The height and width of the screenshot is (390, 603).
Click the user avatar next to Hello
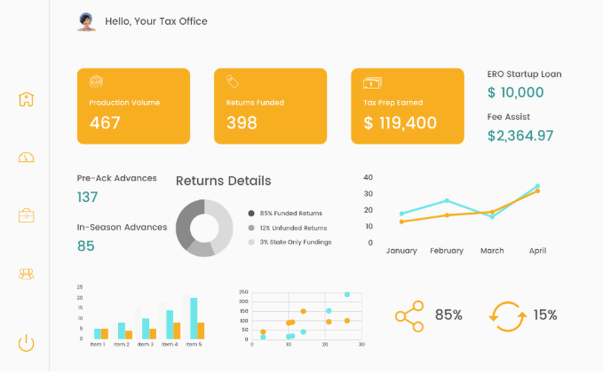pos(87,22)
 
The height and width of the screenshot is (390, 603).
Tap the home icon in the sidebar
pos(26,99)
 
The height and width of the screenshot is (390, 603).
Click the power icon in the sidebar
pos(26,344)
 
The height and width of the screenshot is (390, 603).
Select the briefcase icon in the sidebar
pos(26,215)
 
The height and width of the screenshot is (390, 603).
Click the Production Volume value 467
pos(105,123)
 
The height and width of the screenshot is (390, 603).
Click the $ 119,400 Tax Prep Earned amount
pos(400,123)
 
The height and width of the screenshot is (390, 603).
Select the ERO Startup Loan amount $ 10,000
pos(516,93)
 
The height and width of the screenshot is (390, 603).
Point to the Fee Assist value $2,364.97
pos(520,135)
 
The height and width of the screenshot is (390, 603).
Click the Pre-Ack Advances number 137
pos(87,197)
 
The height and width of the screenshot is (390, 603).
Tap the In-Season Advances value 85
pos(86,246)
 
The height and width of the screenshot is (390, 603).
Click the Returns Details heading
pos(223,181)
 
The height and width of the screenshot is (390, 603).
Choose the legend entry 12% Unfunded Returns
pos(293,228)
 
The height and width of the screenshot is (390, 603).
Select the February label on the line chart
pos(447,251)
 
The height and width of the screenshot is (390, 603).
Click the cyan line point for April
pos(537,187)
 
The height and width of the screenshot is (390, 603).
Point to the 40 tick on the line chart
pos(368,178)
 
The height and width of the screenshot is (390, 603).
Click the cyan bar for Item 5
pos(194,318)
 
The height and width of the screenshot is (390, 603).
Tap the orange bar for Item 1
pos(104,333)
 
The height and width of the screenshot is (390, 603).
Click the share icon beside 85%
pos(409,316)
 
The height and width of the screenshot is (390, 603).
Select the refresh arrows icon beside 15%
pos(507,316)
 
